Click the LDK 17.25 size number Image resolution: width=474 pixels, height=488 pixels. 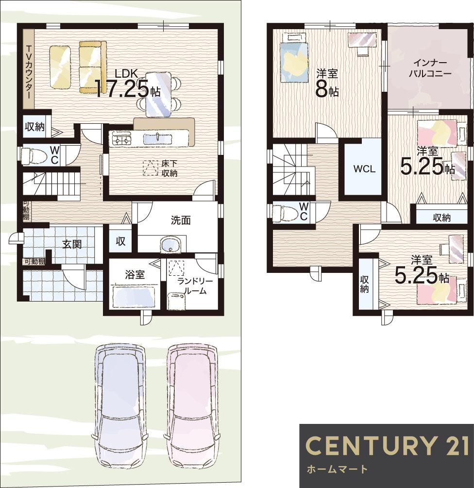pyautogui.click(x=122, y=88)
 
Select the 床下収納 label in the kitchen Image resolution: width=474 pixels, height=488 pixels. pyautogui.click(x=169, y=168)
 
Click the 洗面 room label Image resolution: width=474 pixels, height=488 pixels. pyautogui.click(x=181, y=220)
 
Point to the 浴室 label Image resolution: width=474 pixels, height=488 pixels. pyautogui.click(x=135, y=275)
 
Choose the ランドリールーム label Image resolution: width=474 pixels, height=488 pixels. pyautogui.click(x=195, y=286)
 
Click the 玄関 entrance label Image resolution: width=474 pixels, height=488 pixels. pyautogui.click(x=72, y=244)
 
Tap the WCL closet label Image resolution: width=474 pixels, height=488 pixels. pyautogui.click(x=364, y=169)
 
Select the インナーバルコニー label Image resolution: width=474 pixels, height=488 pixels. pyautogui.click(x=430, y=68)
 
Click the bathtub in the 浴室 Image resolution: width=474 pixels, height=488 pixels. pyautogui.click(x=134, y=297)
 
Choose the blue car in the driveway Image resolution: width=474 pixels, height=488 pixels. pyautogui.click(x=120, y=405)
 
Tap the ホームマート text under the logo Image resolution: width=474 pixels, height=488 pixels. pyautogui.click(x=337, y=469)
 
